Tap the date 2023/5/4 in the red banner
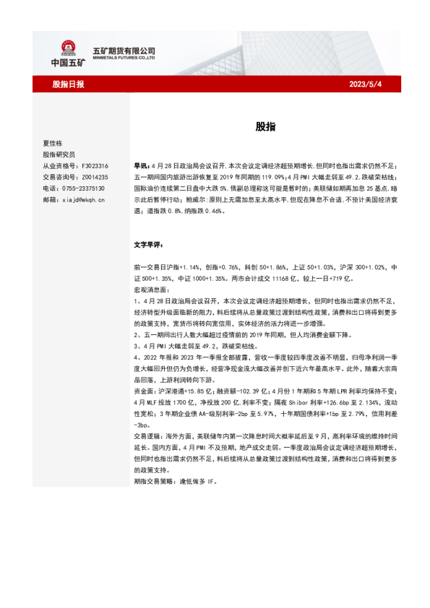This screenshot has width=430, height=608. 366,84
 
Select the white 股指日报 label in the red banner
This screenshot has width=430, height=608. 68,84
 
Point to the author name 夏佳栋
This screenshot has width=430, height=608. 54,143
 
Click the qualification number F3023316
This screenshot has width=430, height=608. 93,165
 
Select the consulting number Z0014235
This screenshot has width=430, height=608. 93,176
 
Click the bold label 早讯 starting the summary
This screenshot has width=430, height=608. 142,165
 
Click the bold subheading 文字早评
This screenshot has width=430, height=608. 150,245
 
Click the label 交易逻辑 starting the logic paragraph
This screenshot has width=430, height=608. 150,435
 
